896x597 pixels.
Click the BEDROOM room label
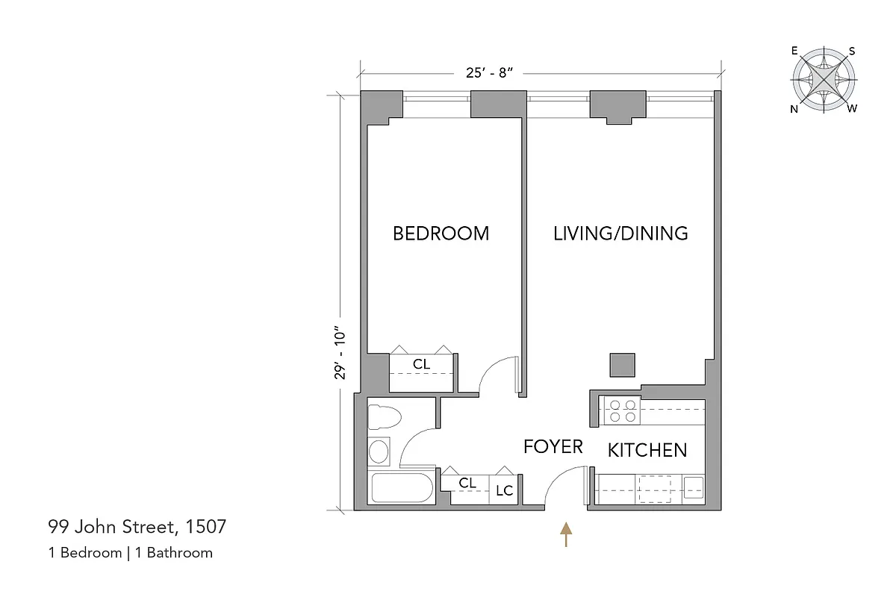tap(441, 234)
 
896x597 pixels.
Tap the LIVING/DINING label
tap(620, 234)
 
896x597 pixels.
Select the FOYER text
tap(553, 447)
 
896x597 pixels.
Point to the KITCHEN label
tap(647, 451)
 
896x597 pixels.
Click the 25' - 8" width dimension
tap(491, 72)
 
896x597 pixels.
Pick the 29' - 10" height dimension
tap(340, 355)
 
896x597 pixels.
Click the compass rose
tap(824, 80)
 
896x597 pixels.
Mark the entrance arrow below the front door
tap(567, 534)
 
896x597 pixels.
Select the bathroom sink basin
tap(379, 452)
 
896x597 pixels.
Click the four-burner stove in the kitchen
tap(621, 411)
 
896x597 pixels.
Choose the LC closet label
tap(505, 491)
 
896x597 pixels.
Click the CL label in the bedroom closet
tap(422, 365)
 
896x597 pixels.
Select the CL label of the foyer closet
tap(467, 484)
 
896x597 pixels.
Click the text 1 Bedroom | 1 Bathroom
tap(130, 553)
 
